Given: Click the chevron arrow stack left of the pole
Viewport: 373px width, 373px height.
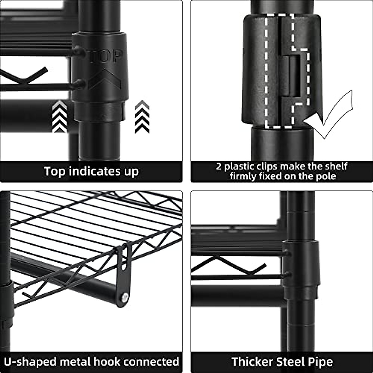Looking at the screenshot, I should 59,117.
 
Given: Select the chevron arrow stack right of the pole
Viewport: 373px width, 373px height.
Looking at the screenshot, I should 142,117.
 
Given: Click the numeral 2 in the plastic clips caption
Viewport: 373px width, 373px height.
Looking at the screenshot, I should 219,166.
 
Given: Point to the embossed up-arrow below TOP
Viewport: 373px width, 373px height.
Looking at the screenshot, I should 104,78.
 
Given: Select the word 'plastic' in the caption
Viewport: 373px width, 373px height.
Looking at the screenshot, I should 242,166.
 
